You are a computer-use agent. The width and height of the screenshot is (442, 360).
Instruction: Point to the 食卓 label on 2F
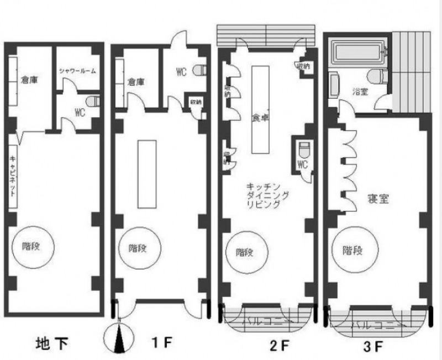(x=260, y=117)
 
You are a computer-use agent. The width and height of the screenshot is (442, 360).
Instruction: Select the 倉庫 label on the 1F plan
(x=136, y=82)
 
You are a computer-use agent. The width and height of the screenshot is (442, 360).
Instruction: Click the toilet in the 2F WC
(x=303, y=150)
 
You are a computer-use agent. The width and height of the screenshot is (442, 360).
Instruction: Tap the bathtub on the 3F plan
(x=357, y=54)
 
